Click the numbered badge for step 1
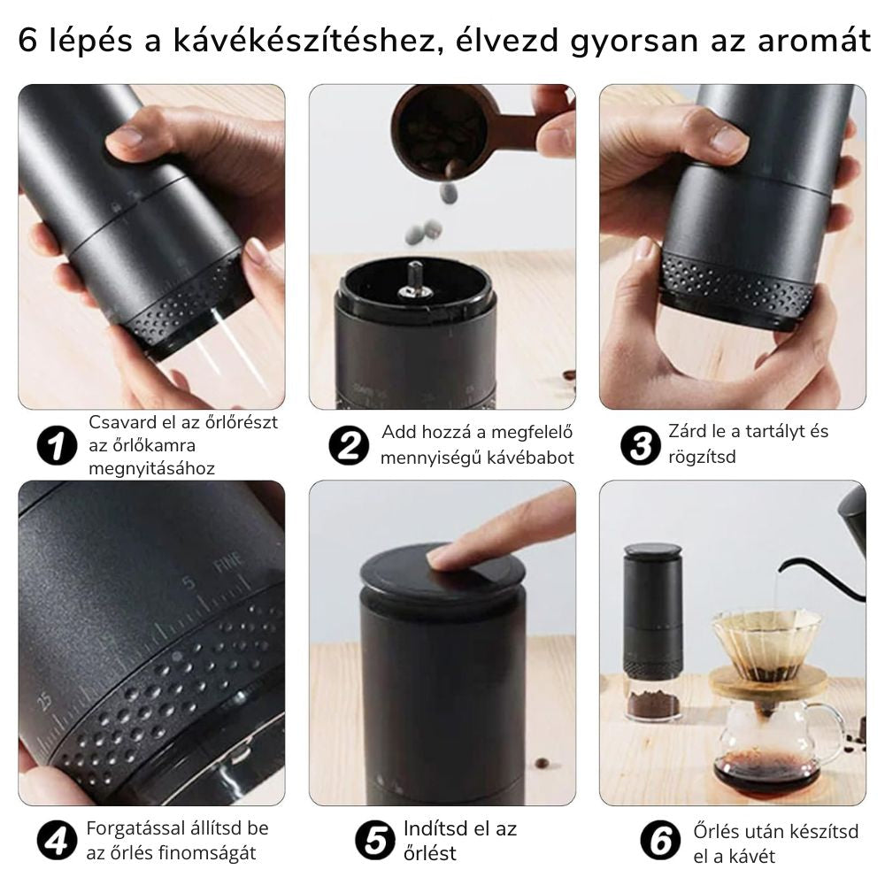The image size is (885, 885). tap(57, 445)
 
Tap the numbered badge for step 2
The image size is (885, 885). tap(349, 445)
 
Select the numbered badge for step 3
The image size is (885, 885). tap(640, 445)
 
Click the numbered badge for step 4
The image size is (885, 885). tap(57, 841)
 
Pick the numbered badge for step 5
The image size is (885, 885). tap(375, 841)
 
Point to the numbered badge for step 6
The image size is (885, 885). tap(661, 841)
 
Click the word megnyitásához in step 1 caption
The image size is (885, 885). tap(151, 468)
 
